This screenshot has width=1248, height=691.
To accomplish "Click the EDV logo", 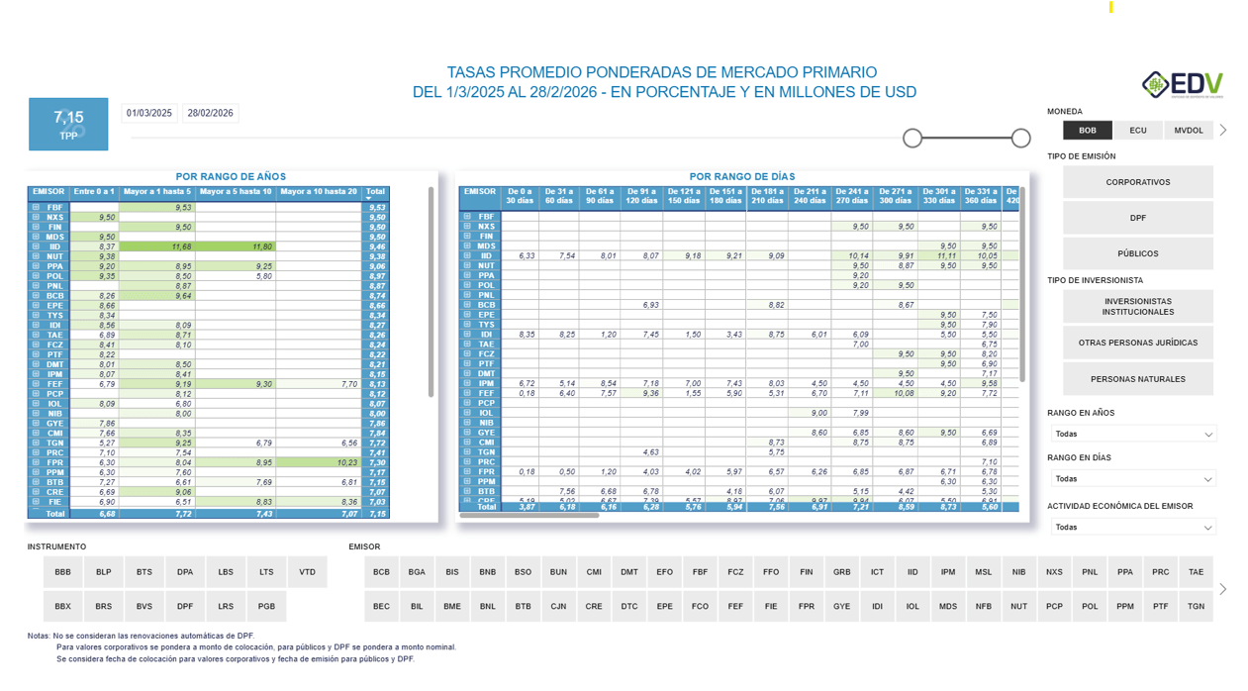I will tap(1183, 85).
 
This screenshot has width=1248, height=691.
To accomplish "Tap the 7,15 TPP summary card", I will tap(68, 124).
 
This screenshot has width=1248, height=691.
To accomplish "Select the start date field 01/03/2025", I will tap(149, 113).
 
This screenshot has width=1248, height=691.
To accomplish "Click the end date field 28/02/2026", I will tap(211, 113).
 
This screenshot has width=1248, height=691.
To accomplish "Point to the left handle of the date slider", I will tap(912, 138).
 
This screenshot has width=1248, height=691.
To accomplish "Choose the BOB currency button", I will tap(1088, 130).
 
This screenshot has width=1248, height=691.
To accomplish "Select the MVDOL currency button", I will tap(1189, 130).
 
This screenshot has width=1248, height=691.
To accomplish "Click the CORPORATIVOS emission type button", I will tap(1138, 182).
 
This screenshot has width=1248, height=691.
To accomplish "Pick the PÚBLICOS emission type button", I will tap(1138, 253).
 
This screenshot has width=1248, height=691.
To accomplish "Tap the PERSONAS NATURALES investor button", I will tap(1138, 379).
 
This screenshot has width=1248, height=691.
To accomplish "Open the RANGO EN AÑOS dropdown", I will tap(1134, 434).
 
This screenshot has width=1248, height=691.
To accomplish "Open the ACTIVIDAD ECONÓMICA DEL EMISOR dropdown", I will tap(1134, 527).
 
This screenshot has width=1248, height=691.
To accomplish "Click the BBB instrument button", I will tap(63, 572).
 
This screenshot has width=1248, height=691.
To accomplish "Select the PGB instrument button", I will tap(267, 606).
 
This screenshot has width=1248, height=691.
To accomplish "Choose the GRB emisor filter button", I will tap(842, 572).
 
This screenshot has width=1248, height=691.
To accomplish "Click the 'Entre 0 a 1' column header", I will tap(95, 192).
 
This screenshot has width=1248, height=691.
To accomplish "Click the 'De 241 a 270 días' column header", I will tap(852, 196).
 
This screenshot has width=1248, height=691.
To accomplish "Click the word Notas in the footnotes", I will tap(39, 636).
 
